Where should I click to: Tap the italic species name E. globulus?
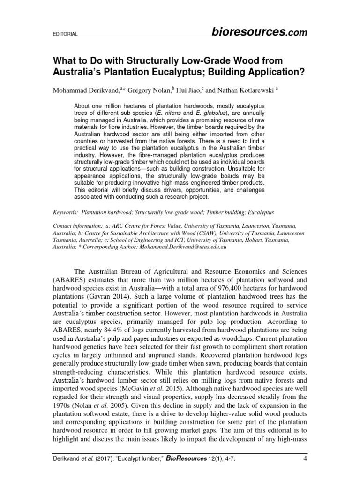coord(213,113)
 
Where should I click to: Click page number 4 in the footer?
coord(303,464)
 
